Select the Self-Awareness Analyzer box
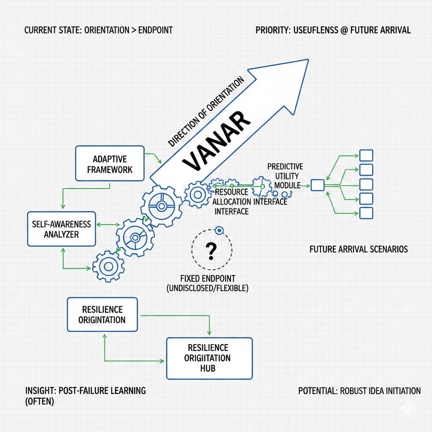[61, 228]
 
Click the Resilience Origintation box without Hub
[102, 314]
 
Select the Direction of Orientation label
[205, 111]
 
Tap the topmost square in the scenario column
[366, 155]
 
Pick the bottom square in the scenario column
[366, 213]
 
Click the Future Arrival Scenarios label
[358, 249]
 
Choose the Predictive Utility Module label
[286, 175]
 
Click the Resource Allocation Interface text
[249, 202]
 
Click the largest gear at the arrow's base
[161, 205]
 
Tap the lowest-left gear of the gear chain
[108, 267]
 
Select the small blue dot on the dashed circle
[219, 230]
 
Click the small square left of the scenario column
[317, 185]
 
